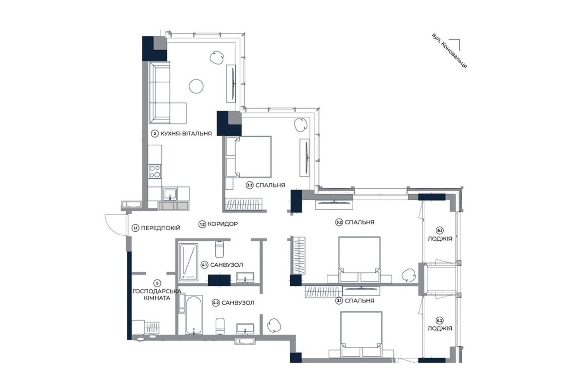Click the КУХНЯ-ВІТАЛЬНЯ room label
click(x=186, y=134)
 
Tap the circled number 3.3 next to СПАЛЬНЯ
click(x=250, y=185)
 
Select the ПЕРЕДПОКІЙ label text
click(x=161, y=228)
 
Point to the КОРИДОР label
click(x=223, y=224)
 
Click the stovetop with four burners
click(x=155, y=171)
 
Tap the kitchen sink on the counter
click(x=170, y=195)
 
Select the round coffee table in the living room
click(x=196, y=86)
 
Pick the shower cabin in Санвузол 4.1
click(x=188, y=262)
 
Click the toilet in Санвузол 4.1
click(x=219, y=249)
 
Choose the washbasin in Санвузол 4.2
click(x=245, y=329)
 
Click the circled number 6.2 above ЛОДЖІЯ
click(x=440, y=320)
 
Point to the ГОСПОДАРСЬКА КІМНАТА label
click(x=157, y=294)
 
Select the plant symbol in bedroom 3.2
click(x=409, y=275)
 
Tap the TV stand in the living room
click(x=231, y=83)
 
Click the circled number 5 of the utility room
click(x=157, y=283)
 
